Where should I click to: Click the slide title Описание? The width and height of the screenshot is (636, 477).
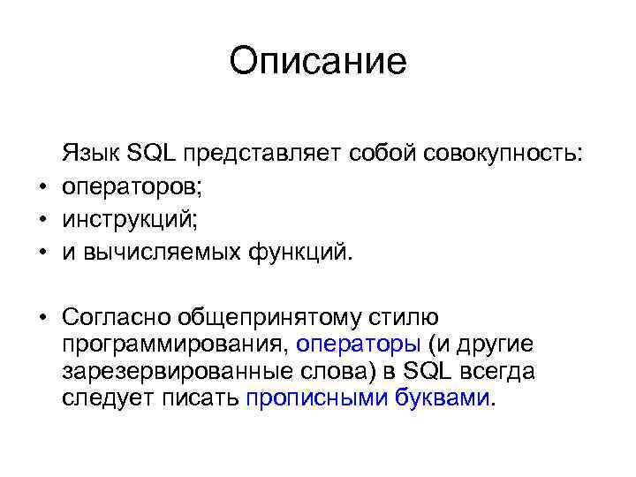pyautogui.click(x=317, y=62)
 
